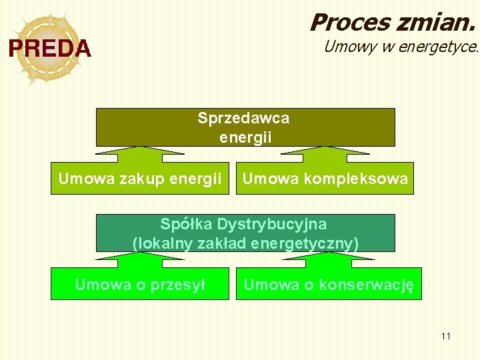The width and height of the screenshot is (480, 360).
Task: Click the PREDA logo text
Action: coord(49,49)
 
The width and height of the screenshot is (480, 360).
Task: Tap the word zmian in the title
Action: coord(437,23)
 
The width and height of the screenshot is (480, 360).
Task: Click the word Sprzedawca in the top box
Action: coord(243,119)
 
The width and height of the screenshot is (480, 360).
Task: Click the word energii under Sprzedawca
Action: coord(245,138)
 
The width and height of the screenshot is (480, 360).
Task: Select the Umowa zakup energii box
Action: coord(140,179)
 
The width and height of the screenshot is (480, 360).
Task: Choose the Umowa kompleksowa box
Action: coord(325,179)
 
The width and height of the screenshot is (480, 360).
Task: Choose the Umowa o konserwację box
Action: coord(329,285)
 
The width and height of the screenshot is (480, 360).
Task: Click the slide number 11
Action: coord(446,335)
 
